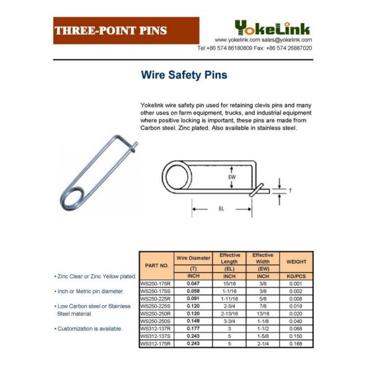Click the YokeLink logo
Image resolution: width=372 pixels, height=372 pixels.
point(273,27)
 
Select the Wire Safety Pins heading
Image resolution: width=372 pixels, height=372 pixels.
point(184,76)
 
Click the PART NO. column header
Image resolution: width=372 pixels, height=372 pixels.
point(157,265)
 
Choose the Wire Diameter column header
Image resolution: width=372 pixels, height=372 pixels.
point(193,257)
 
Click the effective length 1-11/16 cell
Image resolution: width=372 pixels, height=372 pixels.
point(229,298)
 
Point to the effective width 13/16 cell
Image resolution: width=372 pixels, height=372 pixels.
point(263,313)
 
